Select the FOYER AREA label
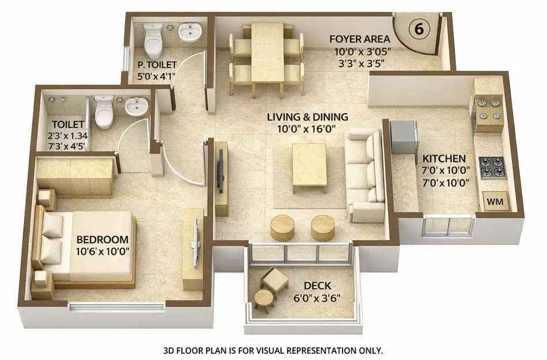tap(360, 39)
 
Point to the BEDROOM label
tap(102, 239)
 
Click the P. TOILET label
tap(157, 65)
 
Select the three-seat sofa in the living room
tap(364, 175)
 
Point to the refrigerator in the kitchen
tap(404, 137)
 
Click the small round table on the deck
tap(264, 300)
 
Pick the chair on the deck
tap(275, 279)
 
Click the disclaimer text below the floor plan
tap(273, 350)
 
